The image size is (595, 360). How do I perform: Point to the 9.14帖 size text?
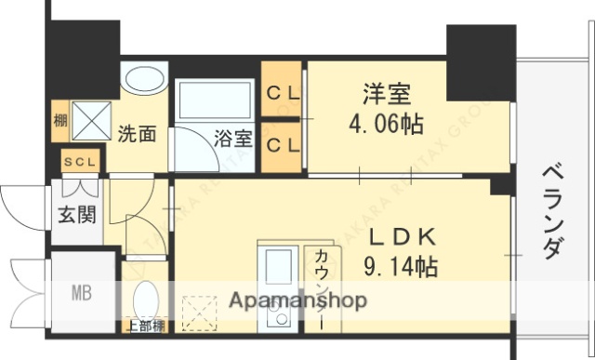pos(401,267)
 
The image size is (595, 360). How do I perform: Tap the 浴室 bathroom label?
pos(232,140)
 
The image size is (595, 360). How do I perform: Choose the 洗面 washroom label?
pos(137,133)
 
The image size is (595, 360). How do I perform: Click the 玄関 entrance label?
pos(77,215)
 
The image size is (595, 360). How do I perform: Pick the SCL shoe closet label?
pos(80,162)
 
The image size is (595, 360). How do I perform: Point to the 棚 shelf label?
pos(60,119)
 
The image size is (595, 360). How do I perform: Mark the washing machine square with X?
pos(91,119)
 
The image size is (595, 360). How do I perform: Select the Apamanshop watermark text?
pos(297,300)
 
